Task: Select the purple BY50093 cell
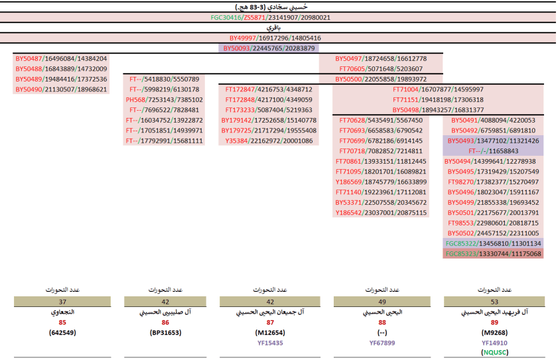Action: (269, 48)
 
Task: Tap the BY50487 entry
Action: (60, 58)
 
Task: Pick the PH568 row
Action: (164, 99)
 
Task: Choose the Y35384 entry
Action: (269, 141)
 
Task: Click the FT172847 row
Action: (269, 90)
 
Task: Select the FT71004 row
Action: (437, 90)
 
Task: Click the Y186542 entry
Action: (381, 213)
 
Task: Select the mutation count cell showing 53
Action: (493, 300)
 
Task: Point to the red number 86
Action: (164, 322)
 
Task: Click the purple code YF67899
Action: (382, 343)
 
